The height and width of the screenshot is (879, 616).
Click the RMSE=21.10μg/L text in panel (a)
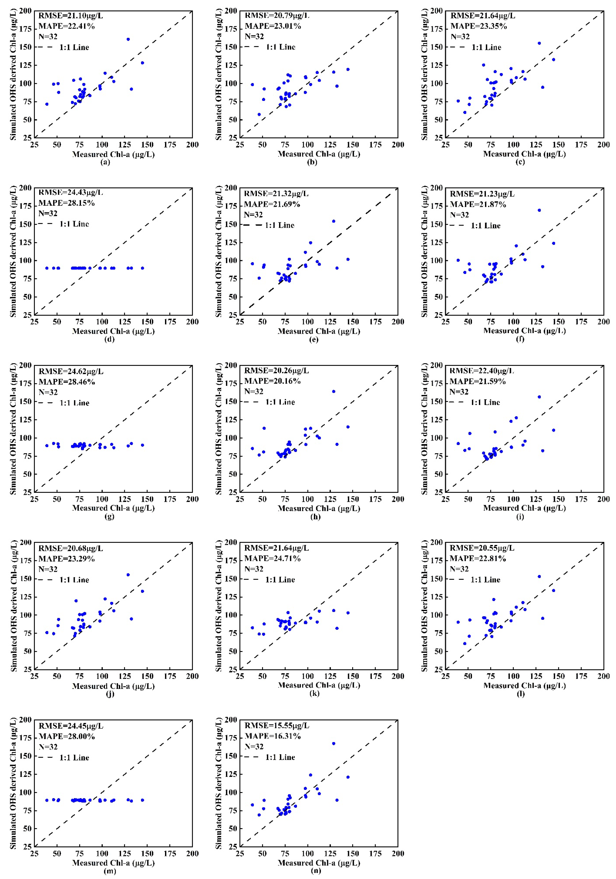point(70,16)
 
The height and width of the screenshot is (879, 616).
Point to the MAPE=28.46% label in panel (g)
point(67,382)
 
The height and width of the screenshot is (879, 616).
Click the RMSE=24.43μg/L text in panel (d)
point(70,192)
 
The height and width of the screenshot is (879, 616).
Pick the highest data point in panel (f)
point(539,210)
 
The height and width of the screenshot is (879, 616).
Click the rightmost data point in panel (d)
point(142,268)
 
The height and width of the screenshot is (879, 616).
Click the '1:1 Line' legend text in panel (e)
point(279,225)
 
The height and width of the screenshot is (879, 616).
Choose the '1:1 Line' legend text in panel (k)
point(280,580)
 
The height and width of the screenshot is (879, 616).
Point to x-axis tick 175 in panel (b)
point(375,145)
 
